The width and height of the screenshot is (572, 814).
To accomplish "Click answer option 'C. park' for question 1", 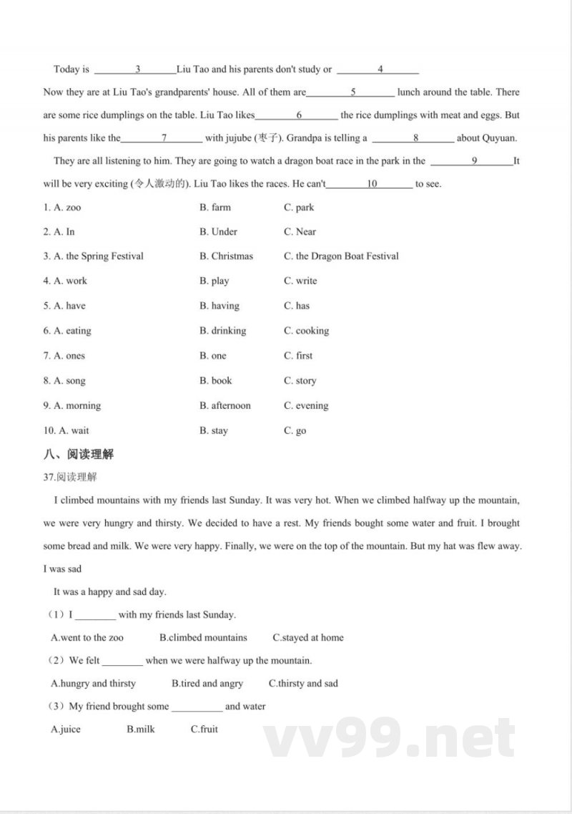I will point(299,208).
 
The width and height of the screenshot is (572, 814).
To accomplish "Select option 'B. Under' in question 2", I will point(218,232).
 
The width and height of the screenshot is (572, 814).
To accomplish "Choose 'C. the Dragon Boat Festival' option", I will point(341,256).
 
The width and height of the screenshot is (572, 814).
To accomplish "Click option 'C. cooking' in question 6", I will point(306,331).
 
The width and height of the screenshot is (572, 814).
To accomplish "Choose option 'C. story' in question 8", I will point(300,381).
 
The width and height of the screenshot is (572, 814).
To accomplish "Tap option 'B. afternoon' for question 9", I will point(225,406).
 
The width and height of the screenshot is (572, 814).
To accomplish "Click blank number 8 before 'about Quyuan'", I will point(414,138).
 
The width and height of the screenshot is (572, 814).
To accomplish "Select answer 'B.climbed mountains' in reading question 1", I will point(203,638).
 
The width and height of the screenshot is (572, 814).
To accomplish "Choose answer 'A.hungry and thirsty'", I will point(93,684).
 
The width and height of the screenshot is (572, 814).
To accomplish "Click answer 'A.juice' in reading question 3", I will point(66,730).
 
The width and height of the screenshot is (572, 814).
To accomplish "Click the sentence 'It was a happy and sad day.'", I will point(109,592).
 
